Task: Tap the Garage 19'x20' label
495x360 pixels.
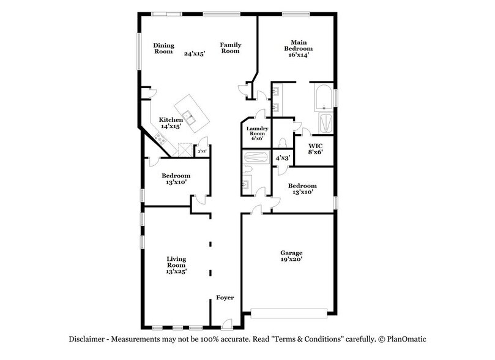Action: click(x=291, y=255)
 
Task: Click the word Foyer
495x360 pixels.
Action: click(x=225, y=298)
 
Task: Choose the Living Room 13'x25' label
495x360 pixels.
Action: click(x=176, y=265)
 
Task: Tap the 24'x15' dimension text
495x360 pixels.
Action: click(x=195, y=53)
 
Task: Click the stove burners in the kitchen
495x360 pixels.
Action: click(x=161, y=140)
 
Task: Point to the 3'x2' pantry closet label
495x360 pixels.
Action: click(x=201, y=151)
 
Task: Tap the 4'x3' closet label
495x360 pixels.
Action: click(x=282, y=158)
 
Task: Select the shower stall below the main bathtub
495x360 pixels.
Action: click(x=324, y=123)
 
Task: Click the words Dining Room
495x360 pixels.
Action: click(x=163, y=48)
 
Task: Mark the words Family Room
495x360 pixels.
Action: click(x=230, y=48)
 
